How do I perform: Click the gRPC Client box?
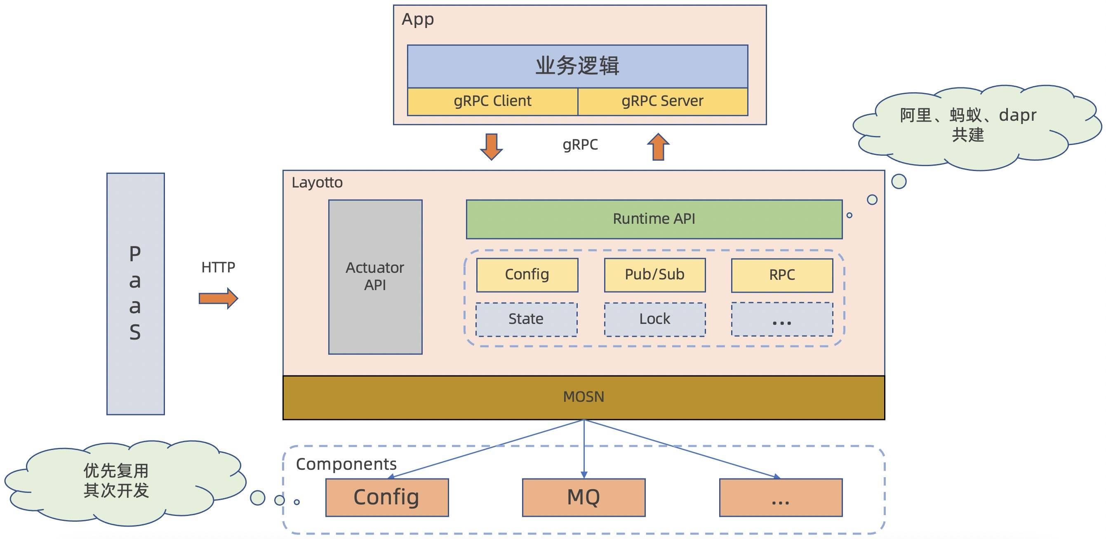492,102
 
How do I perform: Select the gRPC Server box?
662,102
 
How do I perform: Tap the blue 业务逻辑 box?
577,66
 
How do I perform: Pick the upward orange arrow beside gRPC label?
658,147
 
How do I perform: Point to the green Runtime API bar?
654,219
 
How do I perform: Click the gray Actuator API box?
375,277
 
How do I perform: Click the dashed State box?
526,320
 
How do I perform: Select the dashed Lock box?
655,320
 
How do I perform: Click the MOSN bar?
584,397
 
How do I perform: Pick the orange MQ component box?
584,498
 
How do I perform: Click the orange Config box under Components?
387,498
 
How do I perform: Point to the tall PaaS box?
136,294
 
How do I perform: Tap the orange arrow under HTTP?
218,298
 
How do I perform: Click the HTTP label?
218,268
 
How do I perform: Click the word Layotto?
317,183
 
